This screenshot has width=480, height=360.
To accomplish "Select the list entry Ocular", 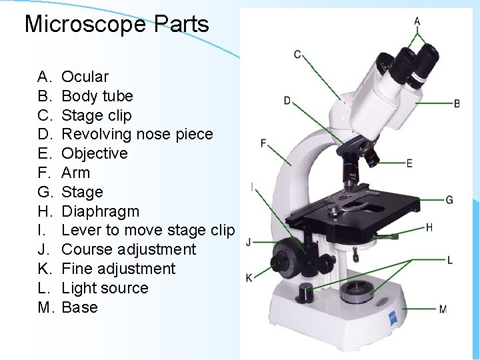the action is pos(85,77).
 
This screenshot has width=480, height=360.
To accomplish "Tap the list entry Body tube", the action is pos(97,96).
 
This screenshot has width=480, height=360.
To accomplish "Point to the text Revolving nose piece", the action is pos(137,134).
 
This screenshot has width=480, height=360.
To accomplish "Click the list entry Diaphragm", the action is pos(100,211).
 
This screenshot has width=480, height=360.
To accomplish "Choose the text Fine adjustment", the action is pos(118,269).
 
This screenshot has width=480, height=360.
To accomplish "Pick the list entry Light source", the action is pos(105,288).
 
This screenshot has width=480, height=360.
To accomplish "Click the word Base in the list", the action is pos(79,307).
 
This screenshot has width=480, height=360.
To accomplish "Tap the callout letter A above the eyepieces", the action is pos(417,21).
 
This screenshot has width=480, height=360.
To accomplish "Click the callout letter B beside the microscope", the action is pos(457,103).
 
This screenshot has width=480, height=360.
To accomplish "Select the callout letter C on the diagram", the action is pos(297,54).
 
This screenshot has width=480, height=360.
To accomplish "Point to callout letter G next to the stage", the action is pos(449,199).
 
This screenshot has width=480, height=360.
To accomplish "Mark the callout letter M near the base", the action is pos(443,309).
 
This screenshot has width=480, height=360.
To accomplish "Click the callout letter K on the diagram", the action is pos(249,277).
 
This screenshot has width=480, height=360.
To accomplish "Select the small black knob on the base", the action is pos(306,291).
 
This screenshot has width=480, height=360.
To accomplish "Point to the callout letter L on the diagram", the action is pos(450,259).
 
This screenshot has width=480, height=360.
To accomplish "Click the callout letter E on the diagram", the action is pos(409,163).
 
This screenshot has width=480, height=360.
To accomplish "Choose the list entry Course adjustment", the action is pos(129,249).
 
